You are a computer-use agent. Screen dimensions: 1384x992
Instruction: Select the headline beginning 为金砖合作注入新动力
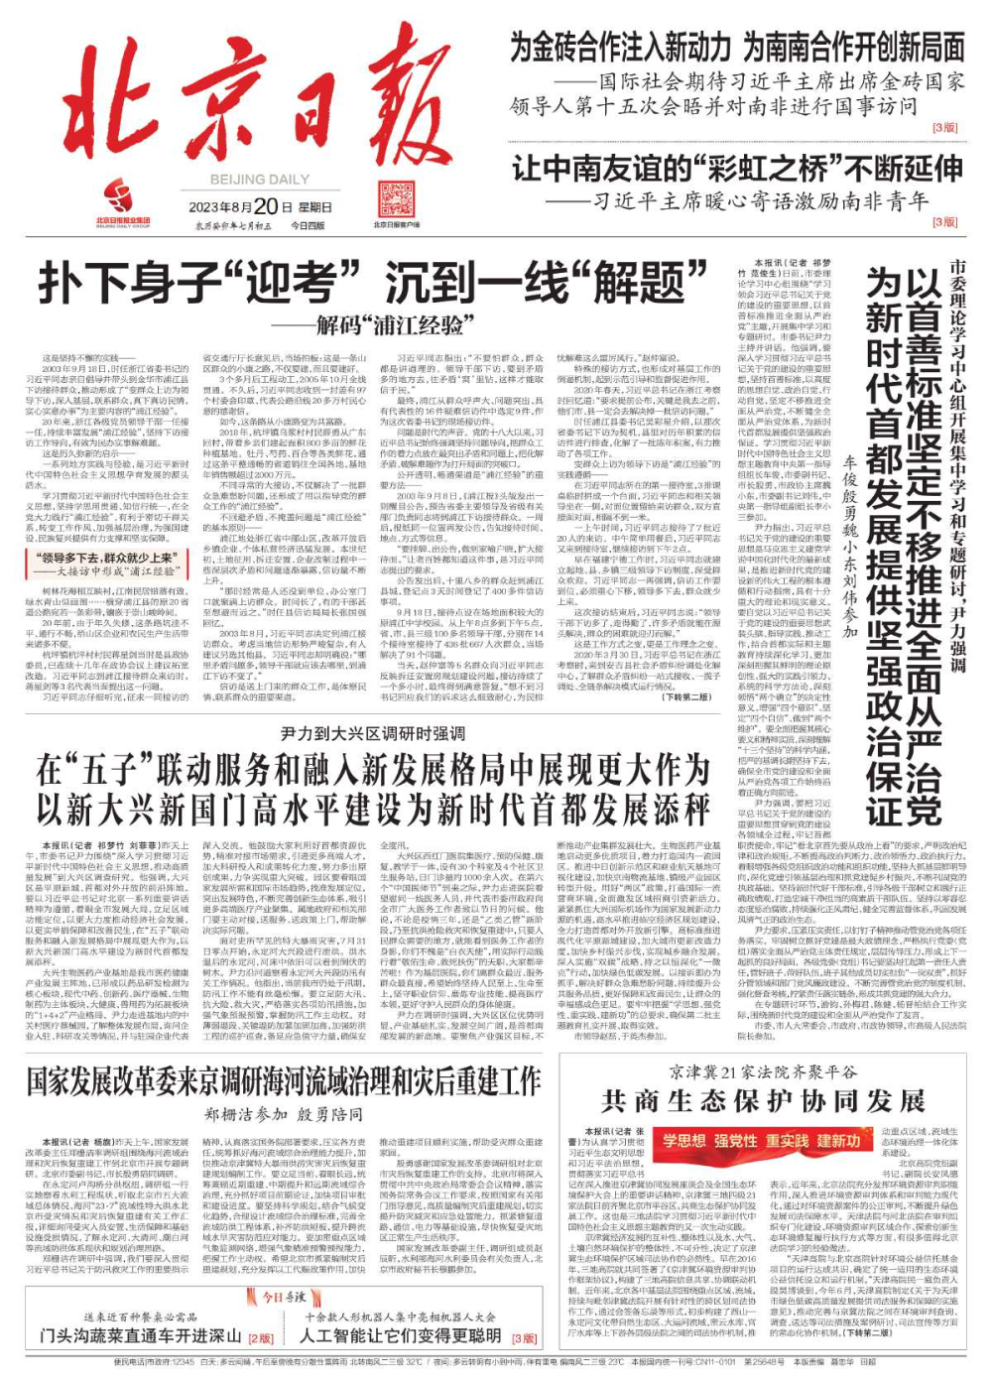tap(737, 46)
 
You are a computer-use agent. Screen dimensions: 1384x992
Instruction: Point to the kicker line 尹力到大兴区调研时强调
tap(372, 732)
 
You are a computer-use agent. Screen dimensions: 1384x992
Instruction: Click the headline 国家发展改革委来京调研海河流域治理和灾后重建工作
tap(283, 1080)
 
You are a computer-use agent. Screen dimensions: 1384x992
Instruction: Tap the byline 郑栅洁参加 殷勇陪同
tap(284, 1114)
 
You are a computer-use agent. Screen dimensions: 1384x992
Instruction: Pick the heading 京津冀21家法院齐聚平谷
tap(763, 1071)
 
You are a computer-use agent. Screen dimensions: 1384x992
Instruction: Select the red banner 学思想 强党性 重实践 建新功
tap(762, 1141)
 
